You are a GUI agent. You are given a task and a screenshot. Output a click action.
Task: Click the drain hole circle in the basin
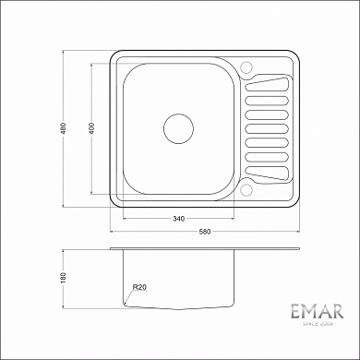[176, 128]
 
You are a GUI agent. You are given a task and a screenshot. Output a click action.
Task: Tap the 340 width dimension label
[179, 218]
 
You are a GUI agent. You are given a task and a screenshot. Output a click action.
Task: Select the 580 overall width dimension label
[205, 231]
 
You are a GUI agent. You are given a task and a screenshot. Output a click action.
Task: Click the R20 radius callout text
[139, 288]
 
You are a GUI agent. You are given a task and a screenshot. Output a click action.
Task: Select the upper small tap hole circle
[246, 67]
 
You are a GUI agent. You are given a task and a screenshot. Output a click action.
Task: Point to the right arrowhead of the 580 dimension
[297, 235]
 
